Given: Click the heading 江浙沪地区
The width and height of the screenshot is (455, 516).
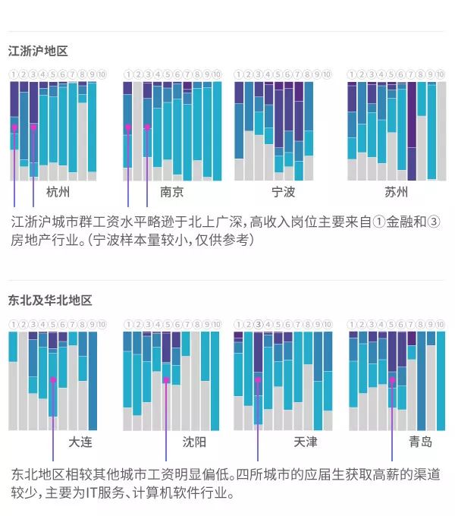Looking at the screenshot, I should (38, 52).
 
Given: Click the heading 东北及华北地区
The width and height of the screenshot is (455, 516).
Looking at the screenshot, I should (50, 300).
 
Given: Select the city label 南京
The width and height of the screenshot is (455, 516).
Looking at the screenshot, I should (171, 192).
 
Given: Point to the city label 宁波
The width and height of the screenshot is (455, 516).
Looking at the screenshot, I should (283, 192).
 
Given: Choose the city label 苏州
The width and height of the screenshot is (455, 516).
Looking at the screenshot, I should (397, 192).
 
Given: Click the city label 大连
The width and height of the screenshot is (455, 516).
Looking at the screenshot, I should (80, 442).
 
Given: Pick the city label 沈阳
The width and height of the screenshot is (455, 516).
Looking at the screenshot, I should (193, 442).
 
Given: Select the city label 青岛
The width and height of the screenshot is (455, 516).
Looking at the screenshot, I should (420, 442).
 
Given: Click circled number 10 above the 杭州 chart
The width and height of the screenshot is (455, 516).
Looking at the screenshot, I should (102, 74).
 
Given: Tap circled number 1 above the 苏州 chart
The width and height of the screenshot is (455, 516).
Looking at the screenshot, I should (352, 74).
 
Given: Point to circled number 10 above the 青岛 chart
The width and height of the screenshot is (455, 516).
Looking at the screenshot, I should (441, 324).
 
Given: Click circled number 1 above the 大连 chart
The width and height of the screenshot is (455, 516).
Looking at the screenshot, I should (13, 324).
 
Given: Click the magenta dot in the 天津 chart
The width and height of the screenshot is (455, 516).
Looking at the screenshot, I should (258, 379).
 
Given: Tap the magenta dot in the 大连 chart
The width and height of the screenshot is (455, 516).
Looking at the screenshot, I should (52, 379).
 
